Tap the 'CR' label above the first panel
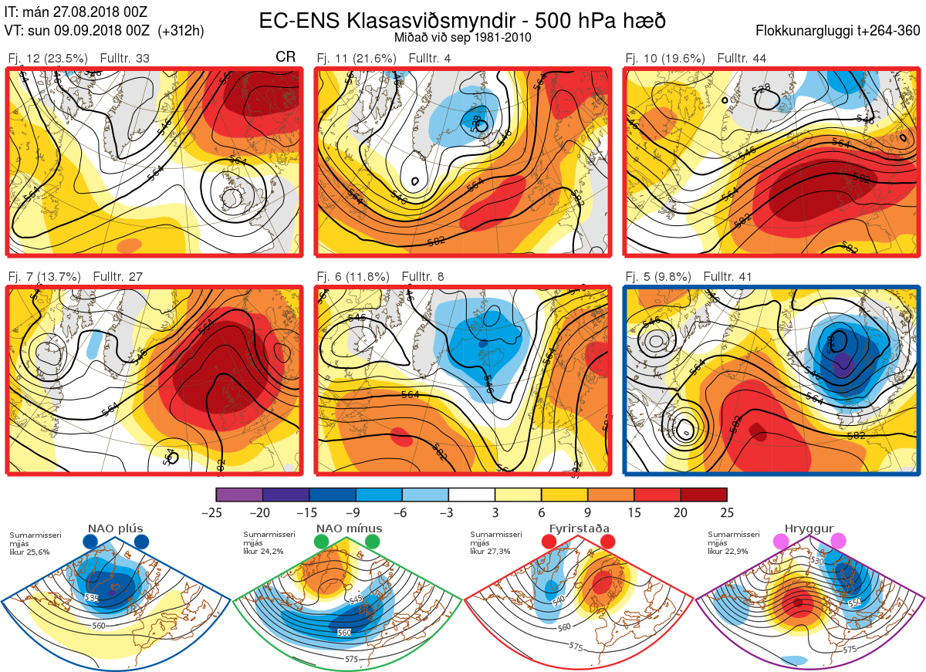(x=286, y=58)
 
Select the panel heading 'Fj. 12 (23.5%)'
(x=48, y=59)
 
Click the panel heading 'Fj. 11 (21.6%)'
(x=357, y=59)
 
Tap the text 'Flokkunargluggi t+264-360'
(x=840, y=32)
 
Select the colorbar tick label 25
(x=726, y=512)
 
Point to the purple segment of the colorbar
(x=239, y=495)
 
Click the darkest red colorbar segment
(x=704, y=495)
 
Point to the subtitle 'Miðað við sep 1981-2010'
(x=462, y=36)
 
